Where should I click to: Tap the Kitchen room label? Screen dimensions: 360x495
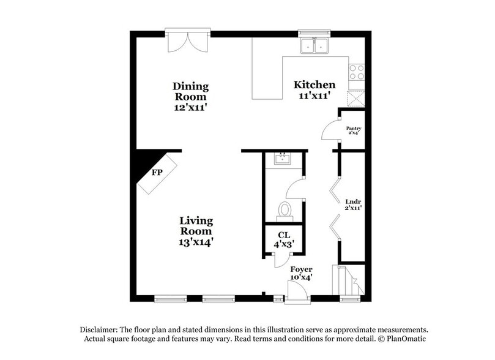pyautogui.click(x=314, y=84)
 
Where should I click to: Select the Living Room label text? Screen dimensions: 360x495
pyautogui.click(x=196, y=226)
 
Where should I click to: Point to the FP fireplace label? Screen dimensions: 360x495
pyautogui.click(x=158, y=172)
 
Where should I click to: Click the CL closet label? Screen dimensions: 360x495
pyautogui.click(x=283, y=234)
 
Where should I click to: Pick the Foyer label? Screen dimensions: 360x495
pyautogui.click(x=301, y=269)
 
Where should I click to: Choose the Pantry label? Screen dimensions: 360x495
pyautogui.click(x=354, y=129)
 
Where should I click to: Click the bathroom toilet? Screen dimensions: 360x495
pyautogui.click(x=285, y=209)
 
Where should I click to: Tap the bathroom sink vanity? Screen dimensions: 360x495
pyautogui.click(x=283, y=160)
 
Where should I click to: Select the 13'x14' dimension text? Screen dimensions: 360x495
pyautogui.click(x=196, y=242)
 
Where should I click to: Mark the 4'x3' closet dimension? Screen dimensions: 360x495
pyautogui.click(x=283, y=244)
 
